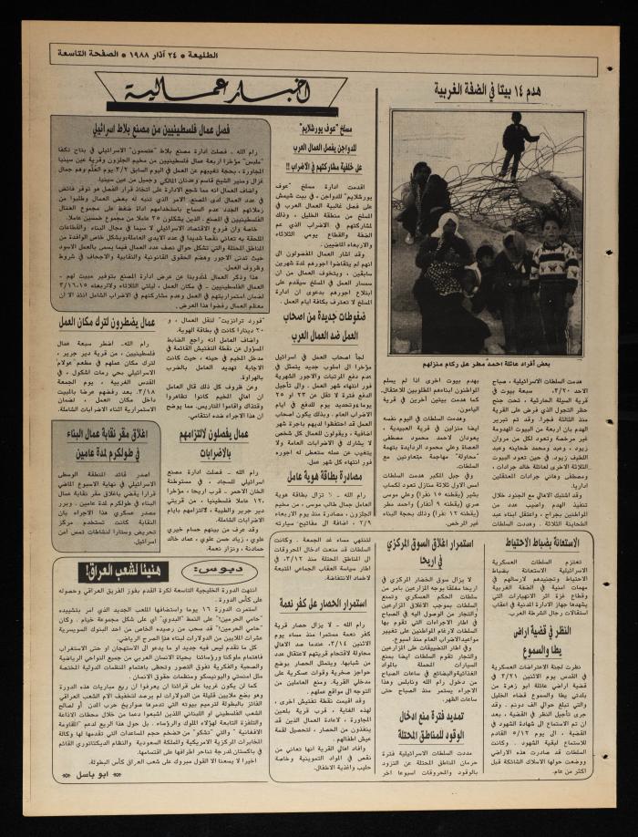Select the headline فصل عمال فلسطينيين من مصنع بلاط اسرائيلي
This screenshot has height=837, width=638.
pyautogui.click(x=161, y=129)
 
